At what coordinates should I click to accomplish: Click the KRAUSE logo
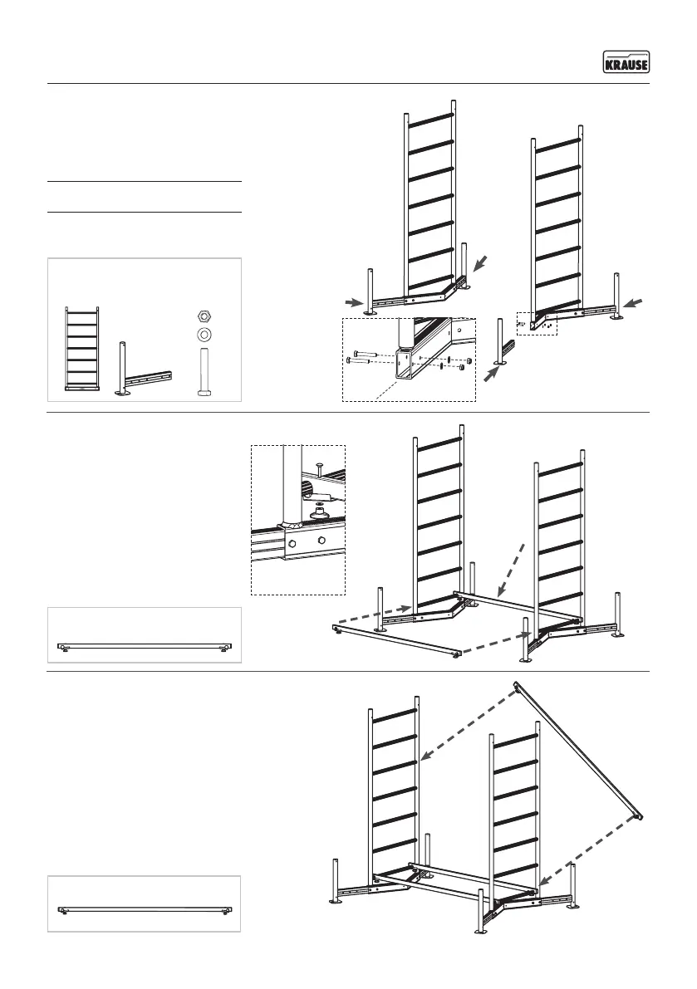[626, 62]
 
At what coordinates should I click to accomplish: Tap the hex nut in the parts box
[204, 316]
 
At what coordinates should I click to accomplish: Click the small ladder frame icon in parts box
[82, 348]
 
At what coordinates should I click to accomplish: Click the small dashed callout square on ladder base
[536, 324]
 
